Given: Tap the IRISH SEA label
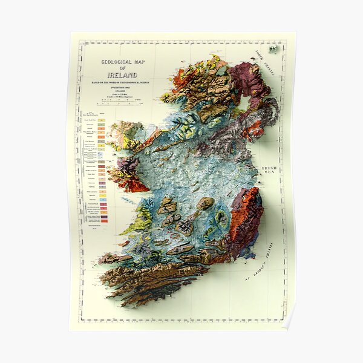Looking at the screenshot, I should (x=269, y=171).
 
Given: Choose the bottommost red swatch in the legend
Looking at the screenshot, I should (x=103, y=220).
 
